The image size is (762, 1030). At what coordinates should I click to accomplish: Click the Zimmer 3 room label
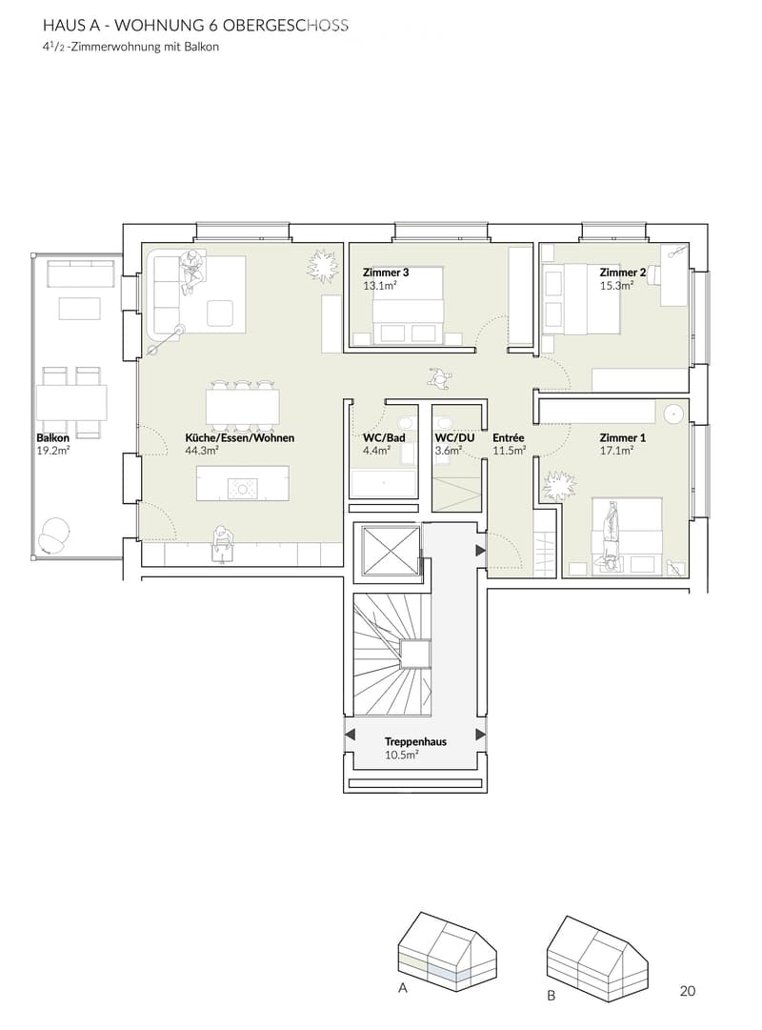(x=386, y=272)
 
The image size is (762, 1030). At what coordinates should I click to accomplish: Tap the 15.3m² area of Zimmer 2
(x=616, y=286)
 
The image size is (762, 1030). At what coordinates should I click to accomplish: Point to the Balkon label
(x=53, y=437)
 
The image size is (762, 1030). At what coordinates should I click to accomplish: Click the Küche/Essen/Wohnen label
(x=240, y=437)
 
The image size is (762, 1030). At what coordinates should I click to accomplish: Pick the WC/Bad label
(x=384, y=437)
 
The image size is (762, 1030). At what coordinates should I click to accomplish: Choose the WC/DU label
(x=454, y=437)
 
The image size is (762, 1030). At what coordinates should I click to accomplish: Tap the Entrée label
(x=509, y=437)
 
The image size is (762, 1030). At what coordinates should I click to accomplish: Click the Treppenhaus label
(x=416, y=741)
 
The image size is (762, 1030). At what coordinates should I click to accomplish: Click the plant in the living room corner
(x=323, y=266)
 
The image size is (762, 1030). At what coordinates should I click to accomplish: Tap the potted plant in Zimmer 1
(x=558, y=487)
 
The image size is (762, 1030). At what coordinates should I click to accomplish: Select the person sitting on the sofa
(x=191, y=271)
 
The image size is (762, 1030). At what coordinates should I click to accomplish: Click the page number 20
(x=687, y=991)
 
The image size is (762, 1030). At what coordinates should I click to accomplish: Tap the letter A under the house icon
(x=403, y=988)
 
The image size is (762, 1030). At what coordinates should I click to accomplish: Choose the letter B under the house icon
(x=551, y=995)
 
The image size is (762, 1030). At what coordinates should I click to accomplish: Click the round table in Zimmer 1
(x=674, y=414)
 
